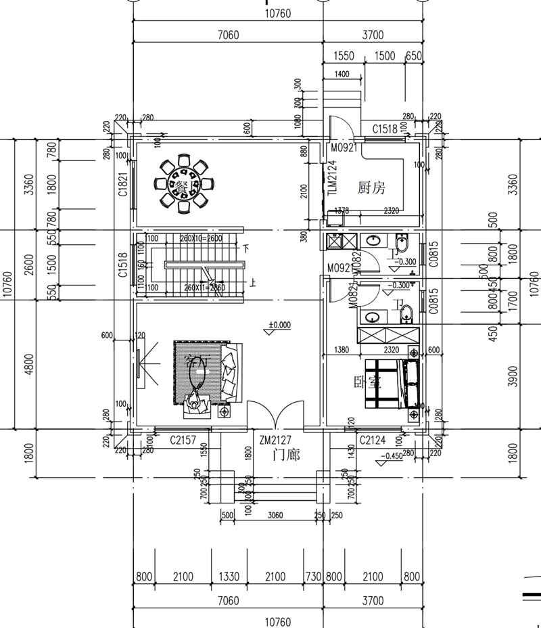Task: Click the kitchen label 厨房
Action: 371,187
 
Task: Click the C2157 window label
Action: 183,441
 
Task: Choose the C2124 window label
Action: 373,441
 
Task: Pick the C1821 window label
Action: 123,185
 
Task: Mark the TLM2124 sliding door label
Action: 331,178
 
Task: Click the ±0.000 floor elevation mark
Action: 279,325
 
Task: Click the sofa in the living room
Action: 229,371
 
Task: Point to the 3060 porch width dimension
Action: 275,515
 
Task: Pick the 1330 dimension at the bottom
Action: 230,577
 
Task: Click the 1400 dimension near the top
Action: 342,74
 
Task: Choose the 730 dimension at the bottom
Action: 312,577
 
